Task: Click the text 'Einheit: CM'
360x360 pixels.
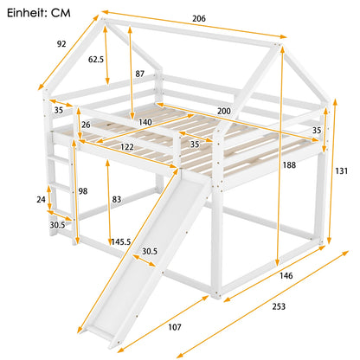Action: pos(39,13)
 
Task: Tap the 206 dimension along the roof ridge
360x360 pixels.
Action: pos(199,18)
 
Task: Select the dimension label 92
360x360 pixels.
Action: pos(61,44)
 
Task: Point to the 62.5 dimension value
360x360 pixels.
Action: pos(96,60)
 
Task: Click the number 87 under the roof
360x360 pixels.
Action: pos(140,74)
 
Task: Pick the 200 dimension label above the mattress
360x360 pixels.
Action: pos(224,111)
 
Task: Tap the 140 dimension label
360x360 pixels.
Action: pos(145,122)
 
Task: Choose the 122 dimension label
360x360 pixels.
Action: pos(127,147)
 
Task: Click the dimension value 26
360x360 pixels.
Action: pos(86,125)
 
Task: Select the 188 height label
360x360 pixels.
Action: pos(289,165)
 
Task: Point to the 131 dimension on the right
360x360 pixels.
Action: pos(341,171)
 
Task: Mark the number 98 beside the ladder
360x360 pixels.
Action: pos(83,191)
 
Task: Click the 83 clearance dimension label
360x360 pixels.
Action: pos(117,199)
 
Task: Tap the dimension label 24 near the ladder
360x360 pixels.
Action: pos(41,199)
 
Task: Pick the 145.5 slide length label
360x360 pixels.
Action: pos(121,241)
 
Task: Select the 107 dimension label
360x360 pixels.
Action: pos(175,327)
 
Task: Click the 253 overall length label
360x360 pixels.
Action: pos(279,306)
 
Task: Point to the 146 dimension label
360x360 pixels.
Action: pos(286,276)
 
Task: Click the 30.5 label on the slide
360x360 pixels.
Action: pos(150,252)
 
